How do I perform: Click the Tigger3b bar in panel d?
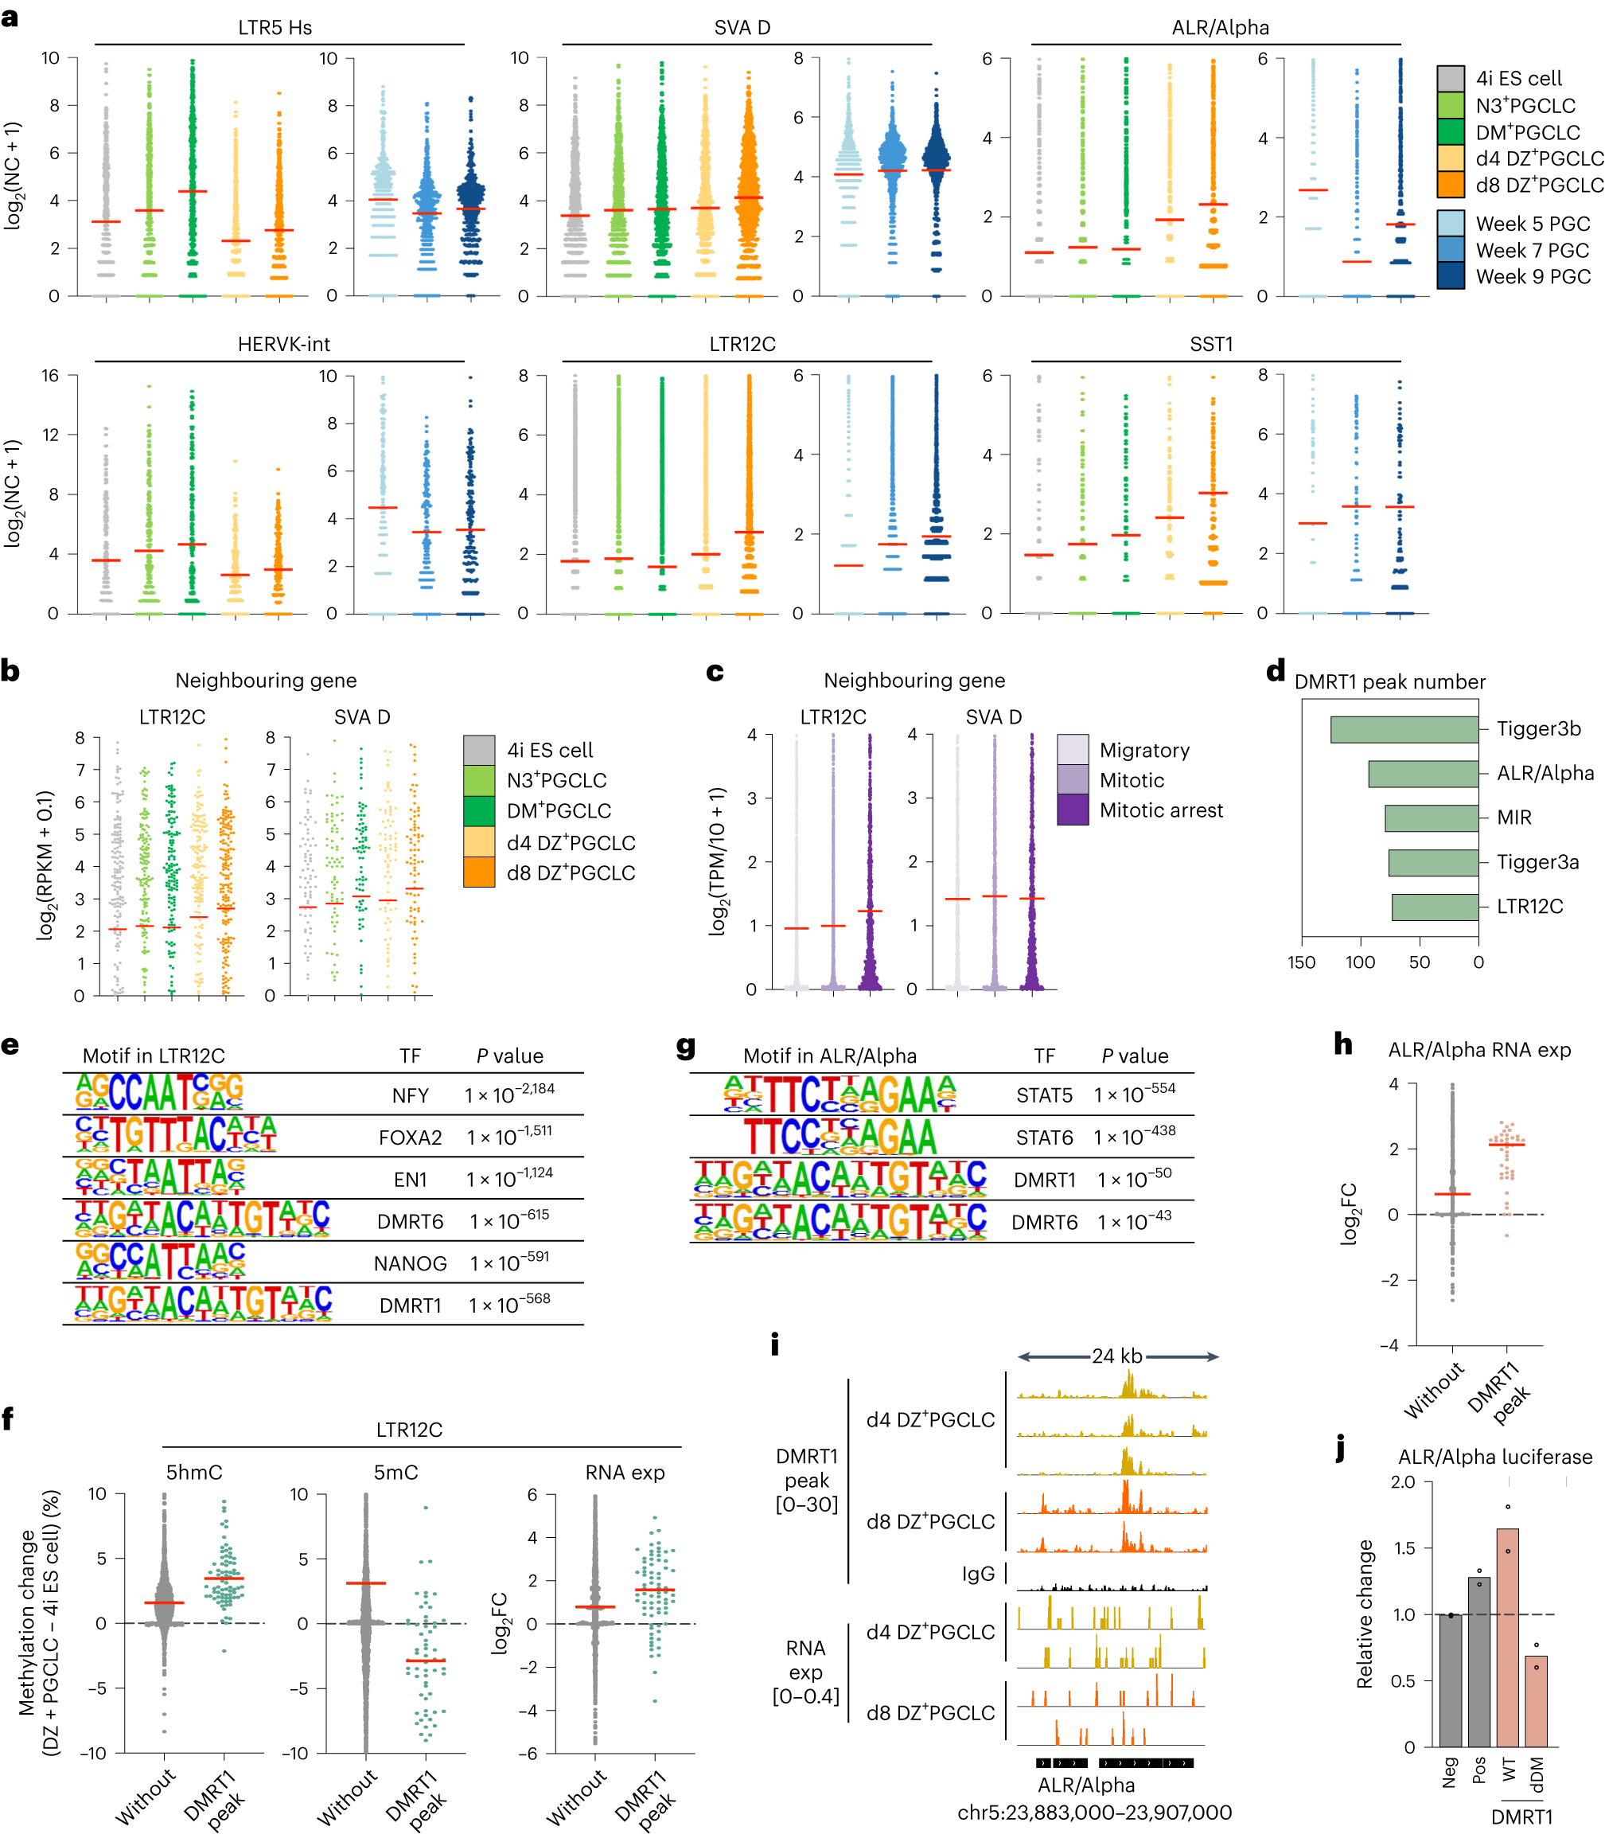point(1404,729)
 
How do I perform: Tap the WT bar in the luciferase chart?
point(1507,1637)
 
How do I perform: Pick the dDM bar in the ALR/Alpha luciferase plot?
point(1536,1700)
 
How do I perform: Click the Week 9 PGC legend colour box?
point(1450,276)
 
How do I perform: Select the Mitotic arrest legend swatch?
point(1072,810)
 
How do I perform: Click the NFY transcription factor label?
point(411,1095)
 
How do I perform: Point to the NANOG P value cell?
point(508,1262)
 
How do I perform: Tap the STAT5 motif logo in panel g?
point(840,1094)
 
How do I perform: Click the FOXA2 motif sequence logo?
point(176,1135)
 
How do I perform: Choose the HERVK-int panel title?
point(283,345)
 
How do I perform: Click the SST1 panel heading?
point(1211,345)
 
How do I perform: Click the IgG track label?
point(978,1574)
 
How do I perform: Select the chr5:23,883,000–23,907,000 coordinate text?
point(1094,1813)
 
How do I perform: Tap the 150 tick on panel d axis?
point(1301,962)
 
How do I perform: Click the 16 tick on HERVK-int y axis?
point(50,376)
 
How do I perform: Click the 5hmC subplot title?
point(193,1472)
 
